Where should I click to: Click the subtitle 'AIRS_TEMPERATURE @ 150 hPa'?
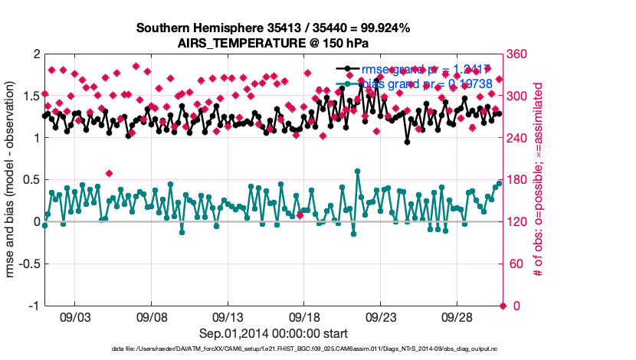(x=273, y=43)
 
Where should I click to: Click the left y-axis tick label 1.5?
(x=30, y=96)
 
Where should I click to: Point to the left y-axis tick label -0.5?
(x=28, y=264)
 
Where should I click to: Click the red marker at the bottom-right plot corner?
(x=503, y=306)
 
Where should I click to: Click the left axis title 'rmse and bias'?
(x=11, y=180)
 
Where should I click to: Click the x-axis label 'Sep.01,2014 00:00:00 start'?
(x=273, y=333)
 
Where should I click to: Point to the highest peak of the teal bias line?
(x=358, y=172)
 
